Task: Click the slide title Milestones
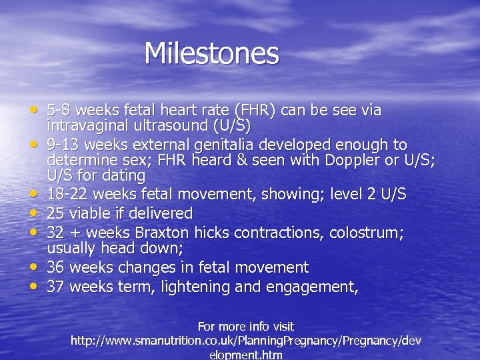(x=211, y=53)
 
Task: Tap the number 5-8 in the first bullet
(x=58, y=110)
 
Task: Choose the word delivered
(x=160, y=214)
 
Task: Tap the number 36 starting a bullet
(x=56, y=268)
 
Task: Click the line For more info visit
(x=245, y=327)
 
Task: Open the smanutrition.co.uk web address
(x=245, y=341)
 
